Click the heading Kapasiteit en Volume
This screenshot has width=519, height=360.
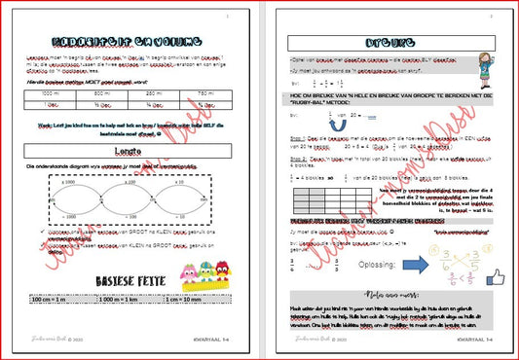click(x=130, y=43)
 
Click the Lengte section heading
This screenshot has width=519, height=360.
click(x=130, y=152)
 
